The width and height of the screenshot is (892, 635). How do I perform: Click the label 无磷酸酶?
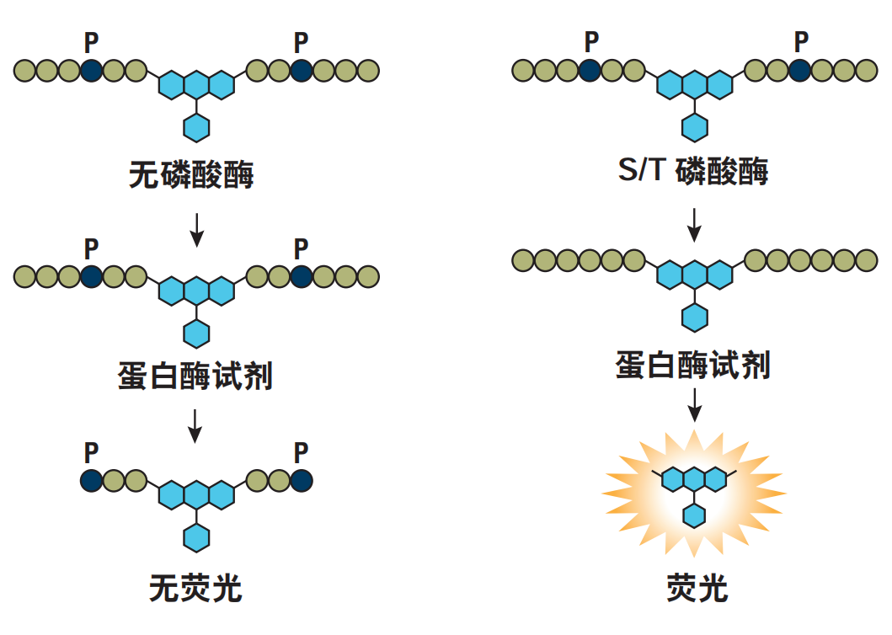[x=191, y=174]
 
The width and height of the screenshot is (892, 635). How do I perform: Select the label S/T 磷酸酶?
[x=693, y=170]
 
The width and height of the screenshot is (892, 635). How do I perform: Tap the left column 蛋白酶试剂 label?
[x=195, y=376]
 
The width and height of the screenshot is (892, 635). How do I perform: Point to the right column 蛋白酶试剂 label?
[x=693, y=365]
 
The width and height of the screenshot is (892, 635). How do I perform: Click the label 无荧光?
[x=195, y=588]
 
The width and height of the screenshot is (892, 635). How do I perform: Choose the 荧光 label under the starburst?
[x=697, y=588]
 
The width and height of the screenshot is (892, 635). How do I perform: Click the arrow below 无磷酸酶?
[x=196, y=230]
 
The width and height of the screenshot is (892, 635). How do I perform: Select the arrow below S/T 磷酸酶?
[x=694, y=225]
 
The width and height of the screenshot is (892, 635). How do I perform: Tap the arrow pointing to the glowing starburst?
[x=694, y=405]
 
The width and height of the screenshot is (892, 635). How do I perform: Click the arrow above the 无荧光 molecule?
[x=195, y=425]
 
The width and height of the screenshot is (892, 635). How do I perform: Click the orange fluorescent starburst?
[x=694, y=494]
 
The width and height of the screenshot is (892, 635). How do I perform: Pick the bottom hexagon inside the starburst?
[x=694, y=516]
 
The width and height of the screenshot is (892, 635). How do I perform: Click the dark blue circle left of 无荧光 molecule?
[x=91, y=480]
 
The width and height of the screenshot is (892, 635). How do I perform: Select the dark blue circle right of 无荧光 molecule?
[x=302, y=480]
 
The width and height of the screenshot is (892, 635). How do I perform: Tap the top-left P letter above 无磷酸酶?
[x=91, y=43]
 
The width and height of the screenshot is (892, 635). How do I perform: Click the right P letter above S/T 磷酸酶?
[x=801, y=41]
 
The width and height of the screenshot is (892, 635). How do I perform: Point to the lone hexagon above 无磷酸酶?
[x=196, y=127]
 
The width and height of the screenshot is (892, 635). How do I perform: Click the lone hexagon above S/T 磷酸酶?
[x=695, y=127]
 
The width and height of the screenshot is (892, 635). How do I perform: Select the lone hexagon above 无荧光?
[x=196, y=537]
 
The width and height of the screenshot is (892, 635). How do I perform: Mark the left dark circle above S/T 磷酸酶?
[x=590, y=71]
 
